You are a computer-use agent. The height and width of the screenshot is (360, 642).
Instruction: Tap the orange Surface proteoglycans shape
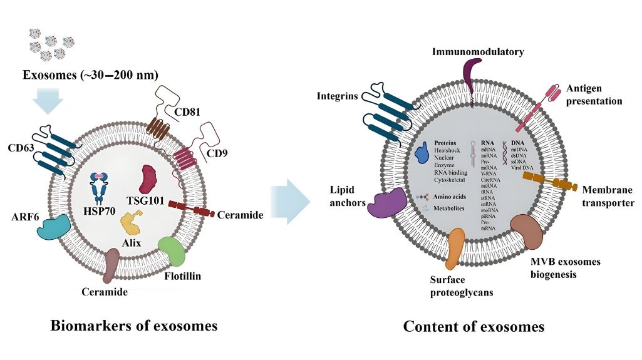[x=457, y=249]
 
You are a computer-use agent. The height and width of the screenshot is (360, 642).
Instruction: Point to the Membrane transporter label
[x=608, y=195]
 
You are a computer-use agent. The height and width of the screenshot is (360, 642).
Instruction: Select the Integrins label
[x=337, y=96]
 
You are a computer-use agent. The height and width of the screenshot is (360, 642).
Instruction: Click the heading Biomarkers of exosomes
[x=133, y=326]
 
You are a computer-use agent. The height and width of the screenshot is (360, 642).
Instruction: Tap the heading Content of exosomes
[x=474, y=327]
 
